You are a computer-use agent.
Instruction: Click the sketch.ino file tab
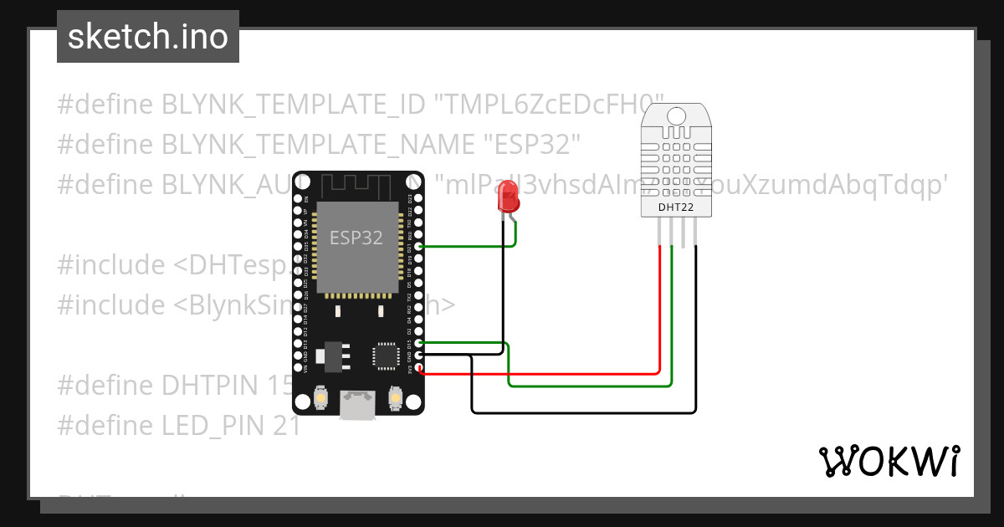coord(148,37)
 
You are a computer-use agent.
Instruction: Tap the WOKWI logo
coord(889,461)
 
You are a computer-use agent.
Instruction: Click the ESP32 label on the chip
coord(356,238)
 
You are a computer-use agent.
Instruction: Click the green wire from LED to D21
coord(469,247)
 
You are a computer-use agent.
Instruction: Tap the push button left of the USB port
coord(320,399)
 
